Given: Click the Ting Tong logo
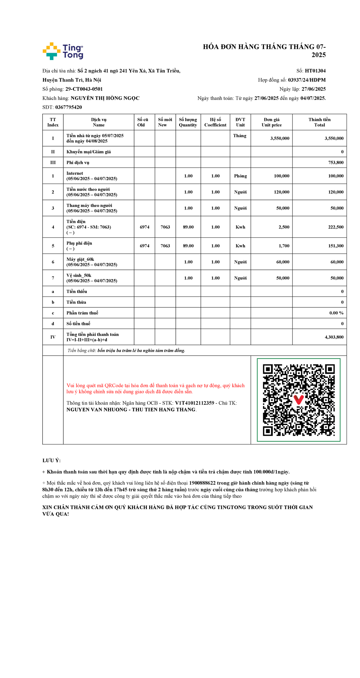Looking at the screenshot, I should pyautogui.click(x=63, y=51).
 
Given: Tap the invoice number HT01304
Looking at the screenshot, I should pyautogui.click(x=315, y=71).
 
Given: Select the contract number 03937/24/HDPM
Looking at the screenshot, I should pyautogui.click(x=307, y=80).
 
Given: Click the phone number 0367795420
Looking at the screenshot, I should pyautogui.click(x=68, y=107).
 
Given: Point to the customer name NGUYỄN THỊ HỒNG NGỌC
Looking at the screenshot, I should pyautogui.click(x=105, y=98).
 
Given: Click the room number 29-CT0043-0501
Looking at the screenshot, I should pyautogui.click(x=84, y=89).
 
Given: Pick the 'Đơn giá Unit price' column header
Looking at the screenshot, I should pyautogui.click(x=271, y=122).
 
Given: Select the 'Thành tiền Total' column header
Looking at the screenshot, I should pyautogui.click(x=319, y=122).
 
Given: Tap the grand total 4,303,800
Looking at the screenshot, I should pyautogui.click(x=334, y=337).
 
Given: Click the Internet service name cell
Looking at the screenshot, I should pyautogui.click(x=92, y=176).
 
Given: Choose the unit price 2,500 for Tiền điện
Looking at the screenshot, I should pyautogui.click(x=284, y=227).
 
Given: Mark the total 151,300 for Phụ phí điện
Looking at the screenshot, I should pyautogui.click(x=336, y=246).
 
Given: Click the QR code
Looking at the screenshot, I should pyautogui.click(x=298, y=400).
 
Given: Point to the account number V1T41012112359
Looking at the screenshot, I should pyautogui.click(x=194, y=403).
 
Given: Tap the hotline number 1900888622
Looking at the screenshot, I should pyautogui.click(x=202, y=483).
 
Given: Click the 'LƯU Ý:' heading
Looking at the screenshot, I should pyautogui.click(x=52, y=460).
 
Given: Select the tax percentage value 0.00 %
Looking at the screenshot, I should pyautogui.click(x=336, y=313).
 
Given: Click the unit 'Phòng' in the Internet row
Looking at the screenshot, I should pyautogui.click(x=240, y=176).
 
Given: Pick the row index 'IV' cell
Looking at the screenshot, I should pyautogui.click(x=53, y=337).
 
